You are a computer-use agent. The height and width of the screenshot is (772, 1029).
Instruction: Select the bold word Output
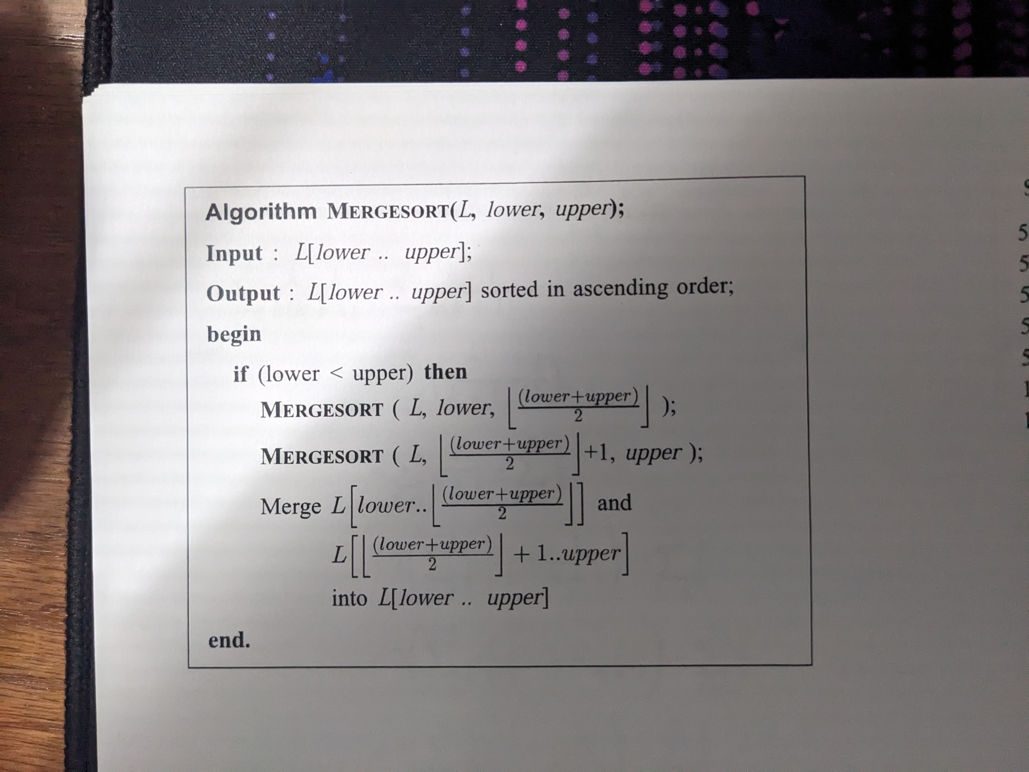click(x=243, y=294)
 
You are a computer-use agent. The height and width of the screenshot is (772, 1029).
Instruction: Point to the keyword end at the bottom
click(x=229, y=640)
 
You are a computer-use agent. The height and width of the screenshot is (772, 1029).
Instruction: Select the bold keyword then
click(x=445, y=372)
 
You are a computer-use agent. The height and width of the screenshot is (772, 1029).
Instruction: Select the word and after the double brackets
click(x=614, y=503)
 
